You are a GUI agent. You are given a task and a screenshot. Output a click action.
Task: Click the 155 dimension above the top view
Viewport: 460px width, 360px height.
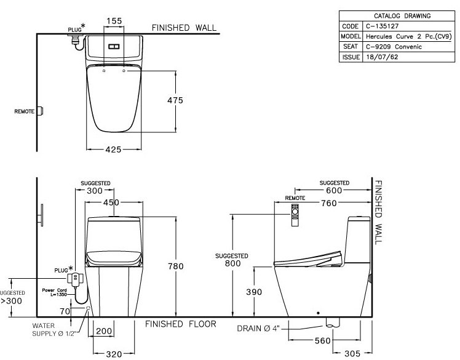[113, 21]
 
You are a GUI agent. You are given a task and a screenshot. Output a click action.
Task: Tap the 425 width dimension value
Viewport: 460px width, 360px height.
[113, 150]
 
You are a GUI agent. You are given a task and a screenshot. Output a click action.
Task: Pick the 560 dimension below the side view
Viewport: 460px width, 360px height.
[322, 340]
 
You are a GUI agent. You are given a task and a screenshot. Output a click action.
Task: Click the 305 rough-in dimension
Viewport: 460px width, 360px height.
[352, 353]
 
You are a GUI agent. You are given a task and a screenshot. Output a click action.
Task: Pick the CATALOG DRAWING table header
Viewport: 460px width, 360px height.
[394, 16]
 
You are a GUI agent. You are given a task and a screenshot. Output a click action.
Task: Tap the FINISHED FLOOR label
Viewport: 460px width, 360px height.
[181, 324]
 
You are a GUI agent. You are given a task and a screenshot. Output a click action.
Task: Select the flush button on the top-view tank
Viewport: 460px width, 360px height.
[113, 46]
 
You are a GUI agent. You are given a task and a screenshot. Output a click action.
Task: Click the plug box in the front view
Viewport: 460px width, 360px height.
[75, 280]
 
